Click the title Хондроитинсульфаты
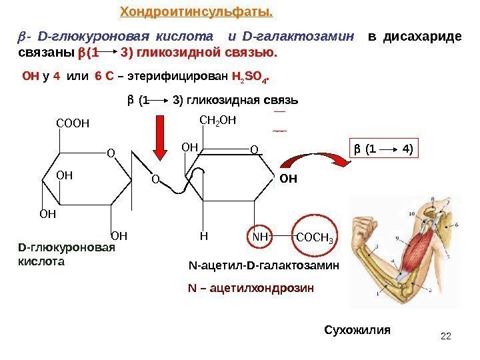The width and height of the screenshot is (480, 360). pyautogui.click(x=197, y=12)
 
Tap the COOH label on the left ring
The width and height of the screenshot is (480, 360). pyautogui.click(x=73, y=123)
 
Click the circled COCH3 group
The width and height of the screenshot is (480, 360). pyautogui.click(x=316, y=237)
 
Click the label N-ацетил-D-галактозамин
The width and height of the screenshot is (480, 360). pyautogui.click(x=265, y=265)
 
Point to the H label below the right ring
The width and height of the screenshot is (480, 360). pyautogui.click(x=204, y=235)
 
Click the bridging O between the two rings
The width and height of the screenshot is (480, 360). pyautogui.click(x=154, y=179)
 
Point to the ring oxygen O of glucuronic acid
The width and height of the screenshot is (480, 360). pyautogui.click(x=111, y=153)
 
